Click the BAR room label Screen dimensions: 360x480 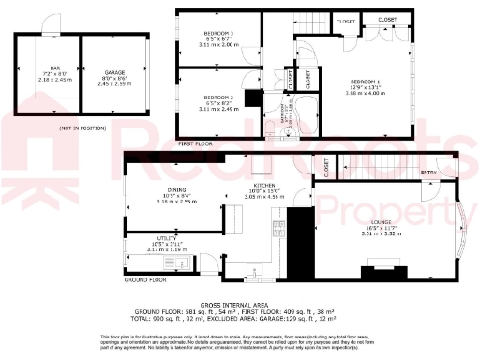coord(55,67)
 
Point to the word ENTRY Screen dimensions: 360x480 coord(428,172)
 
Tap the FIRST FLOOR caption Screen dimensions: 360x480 coord(197,143)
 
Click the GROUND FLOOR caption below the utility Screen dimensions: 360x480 coord(145,279)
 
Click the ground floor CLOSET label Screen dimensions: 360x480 coord(326,167)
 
